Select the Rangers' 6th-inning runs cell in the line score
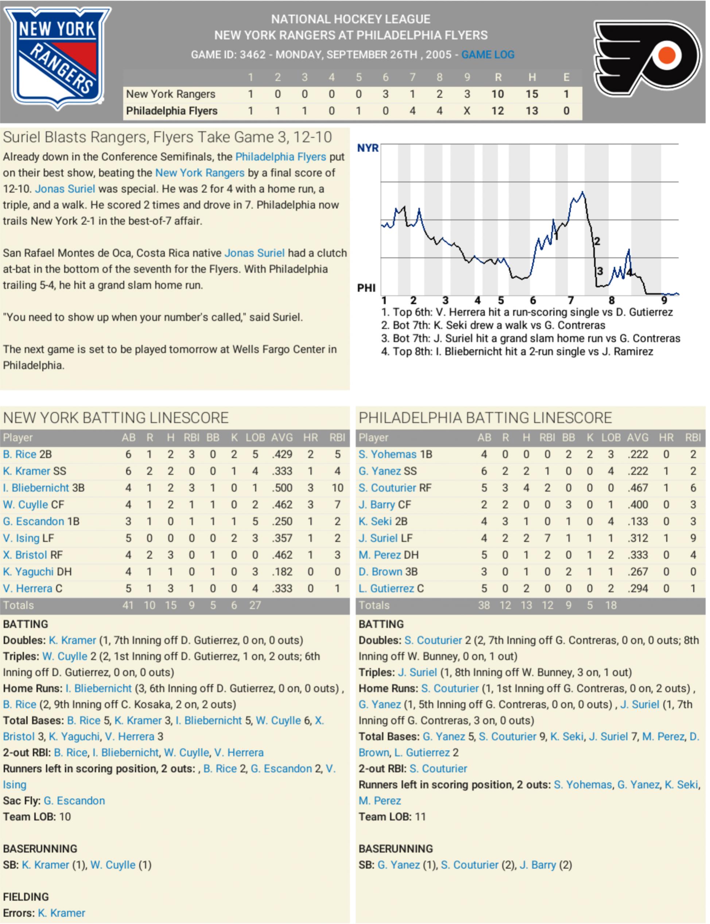385,94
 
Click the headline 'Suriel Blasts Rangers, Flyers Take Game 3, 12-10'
167,137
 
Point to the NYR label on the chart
368,148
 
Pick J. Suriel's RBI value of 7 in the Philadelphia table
547,538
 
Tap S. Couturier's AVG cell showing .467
638,488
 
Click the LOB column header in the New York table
255,437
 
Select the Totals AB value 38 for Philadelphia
484,605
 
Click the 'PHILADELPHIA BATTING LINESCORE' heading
485,418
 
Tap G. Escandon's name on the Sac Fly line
74,801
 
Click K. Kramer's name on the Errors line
62,913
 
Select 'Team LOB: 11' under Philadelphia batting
392,817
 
